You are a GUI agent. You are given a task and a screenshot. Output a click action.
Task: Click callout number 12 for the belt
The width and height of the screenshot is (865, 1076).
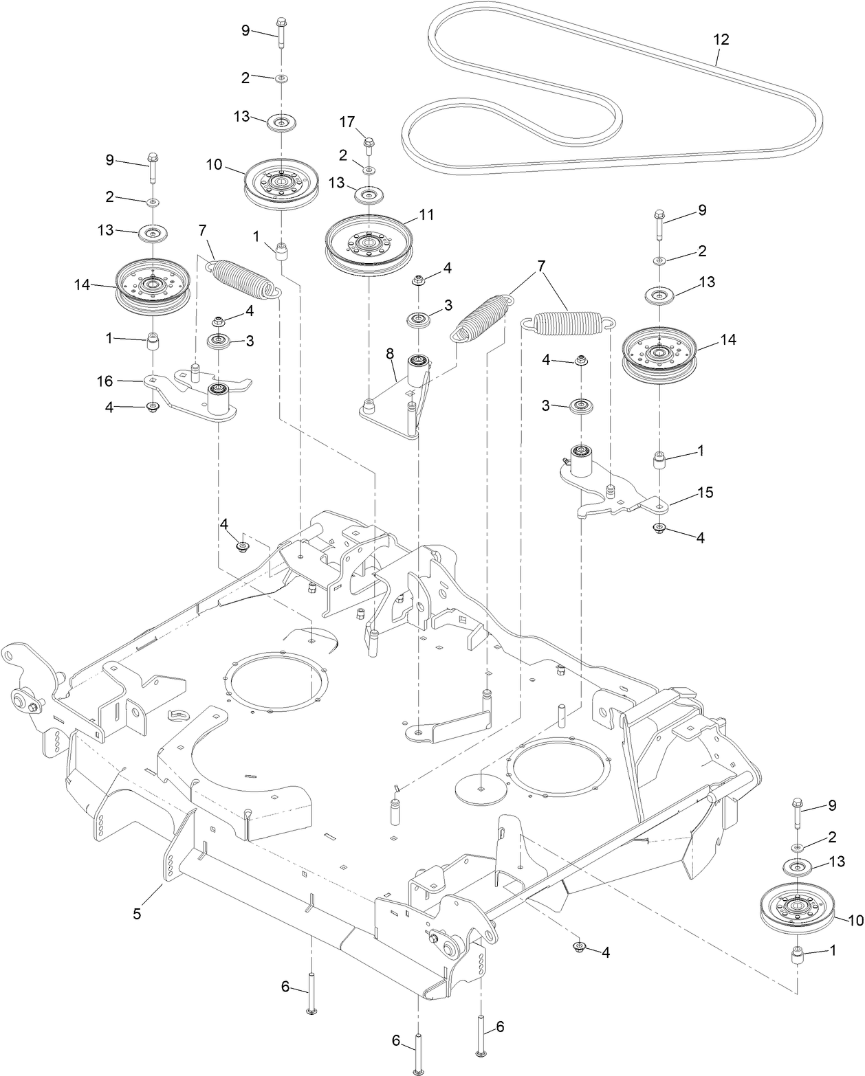click(x=721, y=39)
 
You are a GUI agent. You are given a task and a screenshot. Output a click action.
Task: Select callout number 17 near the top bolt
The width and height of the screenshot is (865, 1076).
click(x=347, y=122)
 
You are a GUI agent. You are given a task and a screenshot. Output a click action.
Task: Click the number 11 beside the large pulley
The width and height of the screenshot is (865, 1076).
click(x=426, y=214)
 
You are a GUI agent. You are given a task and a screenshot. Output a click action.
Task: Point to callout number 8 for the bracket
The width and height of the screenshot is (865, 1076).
click(x=389, y=354)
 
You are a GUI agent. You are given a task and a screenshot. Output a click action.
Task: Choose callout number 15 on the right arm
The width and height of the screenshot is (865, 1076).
click(x=705, y=493)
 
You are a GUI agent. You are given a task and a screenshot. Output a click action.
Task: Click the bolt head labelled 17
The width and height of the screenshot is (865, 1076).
click(x=369, y=143)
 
